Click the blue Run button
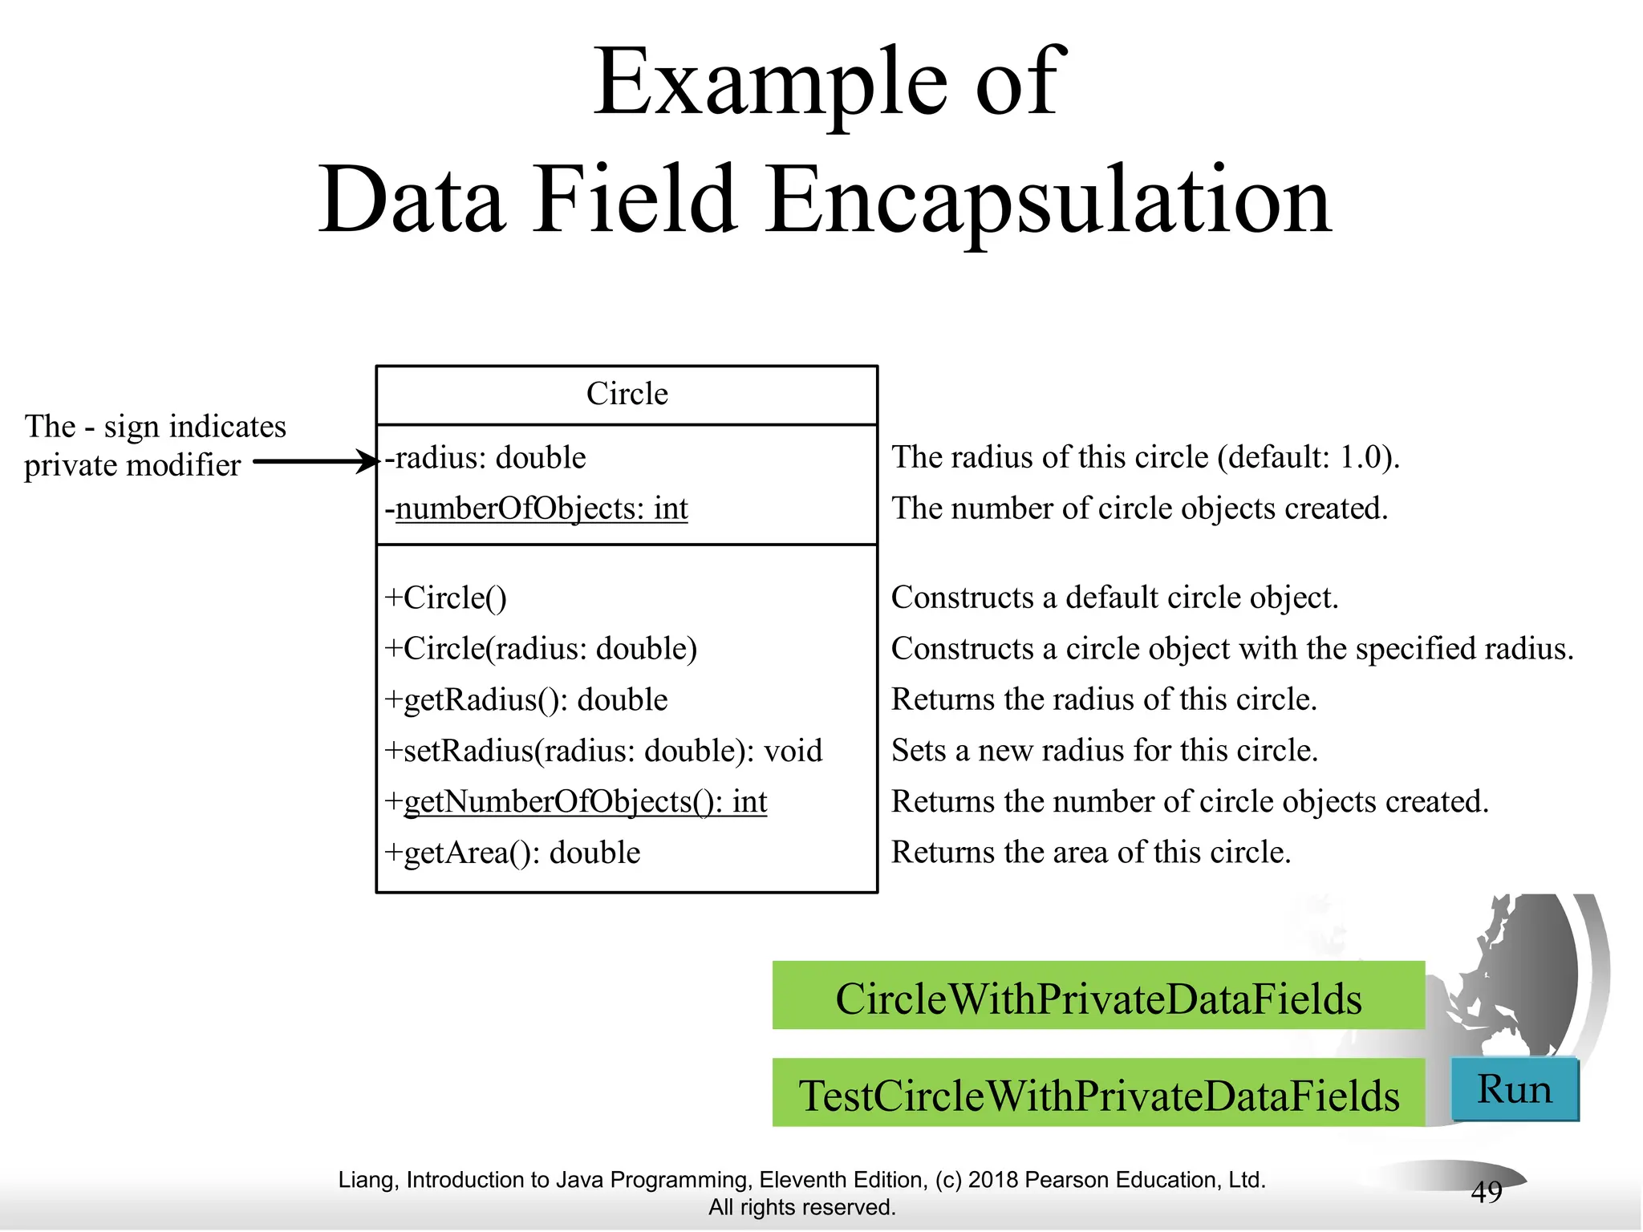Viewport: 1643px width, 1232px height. click(x=1515, y=1089)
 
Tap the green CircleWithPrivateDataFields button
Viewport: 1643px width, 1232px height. click(x=1098, y=997)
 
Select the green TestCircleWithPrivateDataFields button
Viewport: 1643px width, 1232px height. click(x=1098, y=1094)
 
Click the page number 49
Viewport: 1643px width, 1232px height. click(x=1486, y=1192)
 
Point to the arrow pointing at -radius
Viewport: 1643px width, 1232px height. click(x=316, y=461)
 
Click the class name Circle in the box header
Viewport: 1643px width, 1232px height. click(x=627, y=394)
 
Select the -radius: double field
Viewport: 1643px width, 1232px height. click(x=486, y=457)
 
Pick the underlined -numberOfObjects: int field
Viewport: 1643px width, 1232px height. click(x=537, y=509)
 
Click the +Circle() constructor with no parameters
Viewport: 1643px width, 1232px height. click(x=446, y=598)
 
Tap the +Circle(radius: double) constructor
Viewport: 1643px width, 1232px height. click(x=542, y=648)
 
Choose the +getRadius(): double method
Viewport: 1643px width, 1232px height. click(x=526, y=699)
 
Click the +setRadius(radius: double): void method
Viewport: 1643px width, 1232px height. click(x=603, y=751)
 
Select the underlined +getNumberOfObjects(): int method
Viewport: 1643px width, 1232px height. click(x=576, y=801)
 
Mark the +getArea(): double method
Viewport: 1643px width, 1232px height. click(x=513, y=853)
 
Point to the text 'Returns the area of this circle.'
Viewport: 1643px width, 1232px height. click(x=1091, y=852)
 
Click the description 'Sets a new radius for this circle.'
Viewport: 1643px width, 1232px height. click(x=1105, y=751)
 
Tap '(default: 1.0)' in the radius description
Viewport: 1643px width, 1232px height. click(x=1308, y=457)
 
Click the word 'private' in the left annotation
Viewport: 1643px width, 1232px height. click(x=70, y=465)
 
